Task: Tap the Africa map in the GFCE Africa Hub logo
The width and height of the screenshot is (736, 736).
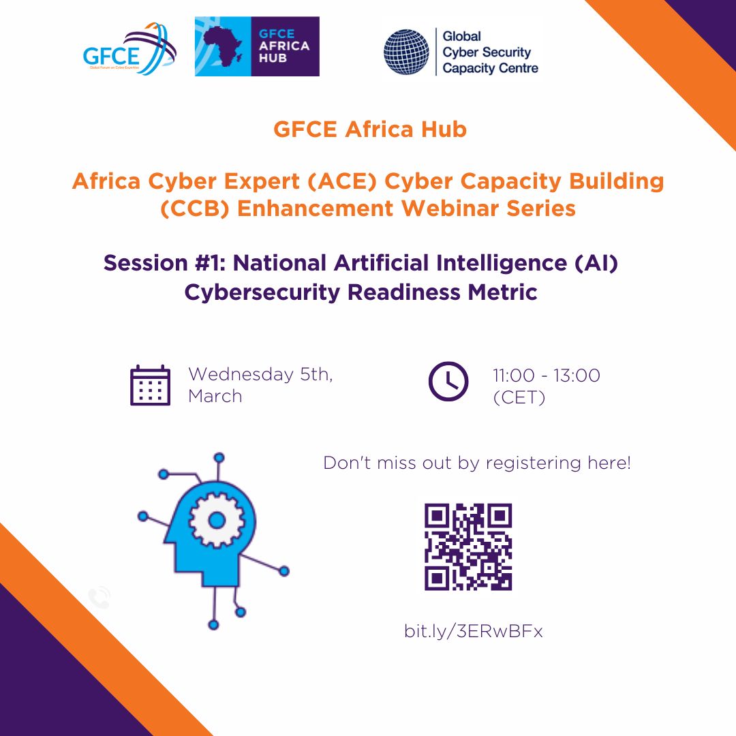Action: (221, 46)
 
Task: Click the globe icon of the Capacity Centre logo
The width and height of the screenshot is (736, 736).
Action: (406, 51)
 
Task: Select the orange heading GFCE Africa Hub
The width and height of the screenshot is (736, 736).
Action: (370, 129)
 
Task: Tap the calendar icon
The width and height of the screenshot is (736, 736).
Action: (150, 386)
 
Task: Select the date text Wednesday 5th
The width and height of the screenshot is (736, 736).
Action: (260, 374)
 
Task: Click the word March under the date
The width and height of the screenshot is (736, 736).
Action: (215, 396)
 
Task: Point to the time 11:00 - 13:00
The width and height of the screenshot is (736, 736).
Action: (547, 375)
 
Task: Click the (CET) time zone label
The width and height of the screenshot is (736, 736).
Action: (519, 397)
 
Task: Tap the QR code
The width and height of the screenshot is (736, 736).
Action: (468, 547)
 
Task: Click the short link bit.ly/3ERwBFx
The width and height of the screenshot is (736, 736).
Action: (474, 631)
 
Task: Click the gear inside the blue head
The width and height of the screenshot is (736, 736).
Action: (217, 521)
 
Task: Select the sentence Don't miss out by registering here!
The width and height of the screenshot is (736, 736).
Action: (477, 463)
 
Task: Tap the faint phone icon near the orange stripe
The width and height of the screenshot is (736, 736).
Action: (100, 598)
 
